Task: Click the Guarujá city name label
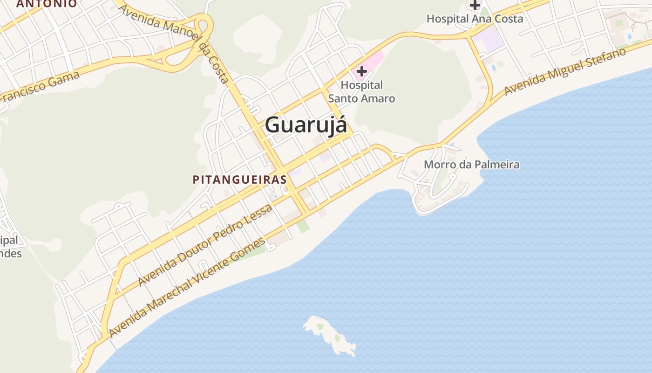point(306,125)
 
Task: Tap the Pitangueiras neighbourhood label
point(239,180)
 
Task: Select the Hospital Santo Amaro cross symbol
point(361,71)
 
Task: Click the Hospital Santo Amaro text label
point(362,92)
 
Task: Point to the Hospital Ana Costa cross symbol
point(475,5)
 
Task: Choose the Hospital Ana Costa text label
point(475,19)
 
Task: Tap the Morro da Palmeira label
point(471,165)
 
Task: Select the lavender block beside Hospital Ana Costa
point(492,40)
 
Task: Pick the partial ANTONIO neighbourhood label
point(47,4)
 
